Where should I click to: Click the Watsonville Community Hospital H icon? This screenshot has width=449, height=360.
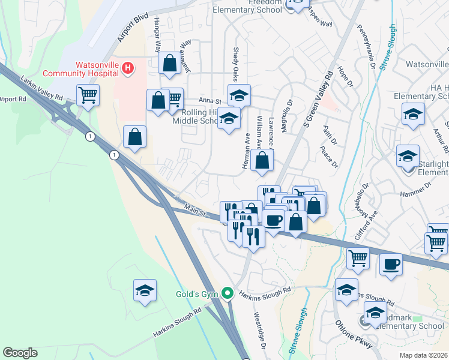(127, 69)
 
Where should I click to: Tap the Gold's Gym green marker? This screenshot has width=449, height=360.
(227, 293)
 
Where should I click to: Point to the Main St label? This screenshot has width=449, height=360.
(194, 211)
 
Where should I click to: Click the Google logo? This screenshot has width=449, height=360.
(20, 352)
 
